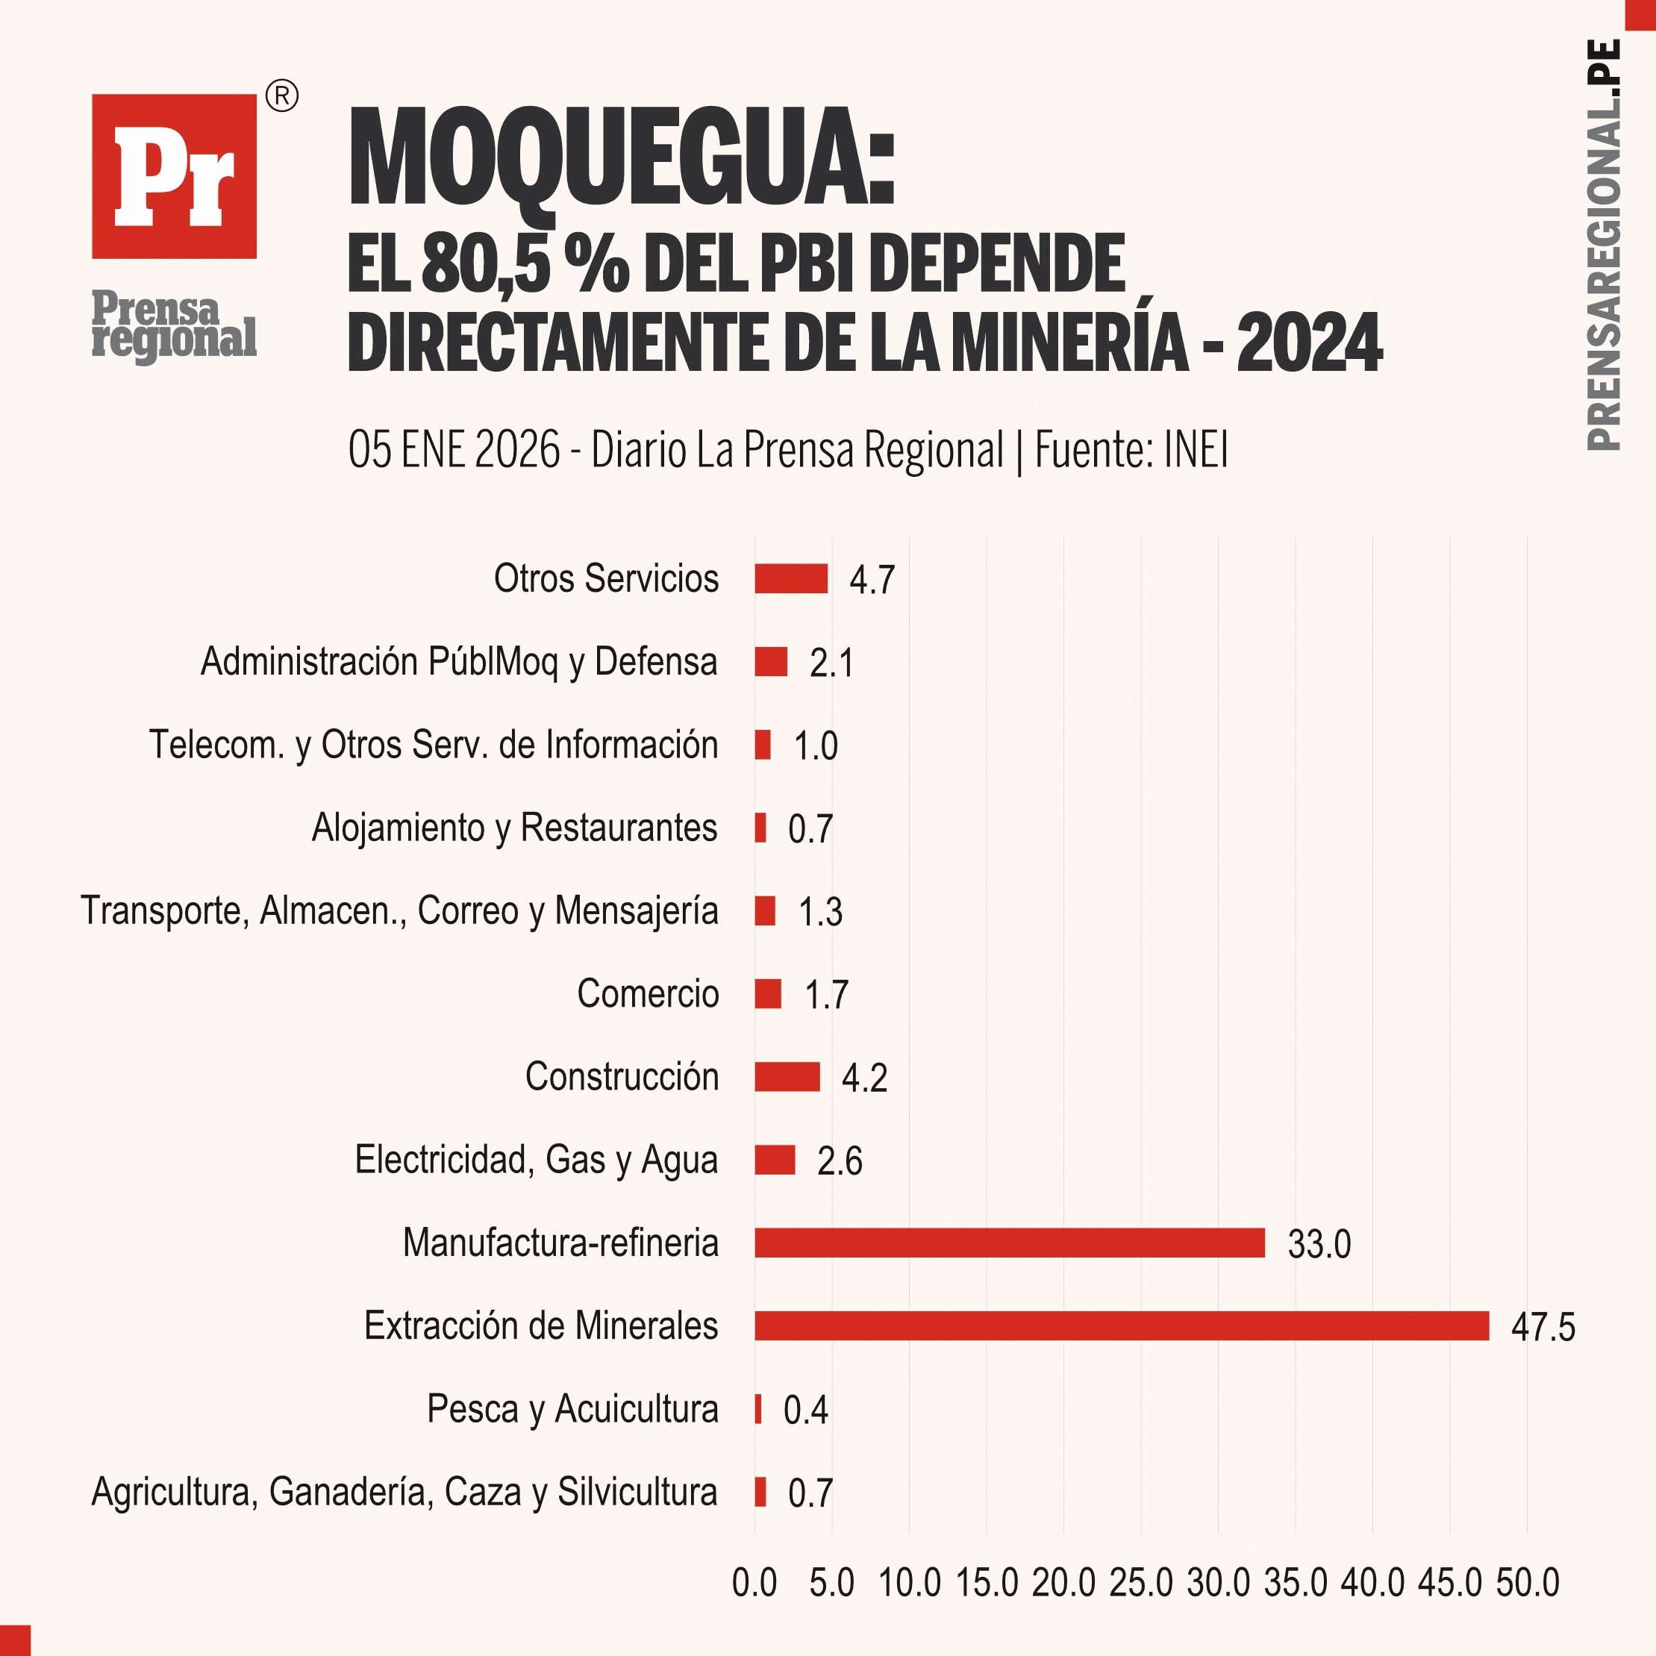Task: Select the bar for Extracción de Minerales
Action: point(1121,1325)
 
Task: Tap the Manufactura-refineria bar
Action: point(1009,1242)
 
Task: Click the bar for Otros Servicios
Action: point(791,578)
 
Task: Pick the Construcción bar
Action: point(787,1077)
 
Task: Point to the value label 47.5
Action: point(1543,1327)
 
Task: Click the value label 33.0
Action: point(1319,1244)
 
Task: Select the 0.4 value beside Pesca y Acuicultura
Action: point(806,1410)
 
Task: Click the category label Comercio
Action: point(648,993)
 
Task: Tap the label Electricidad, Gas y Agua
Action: point(537,1160)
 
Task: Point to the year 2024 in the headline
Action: point(1310,343)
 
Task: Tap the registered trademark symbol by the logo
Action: point(282,97)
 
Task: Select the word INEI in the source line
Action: point(1196,450)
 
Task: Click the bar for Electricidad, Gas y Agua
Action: point(775,1160)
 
